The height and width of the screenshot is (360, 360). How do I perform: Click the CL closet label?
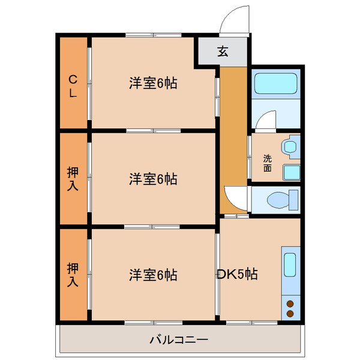point(73,86)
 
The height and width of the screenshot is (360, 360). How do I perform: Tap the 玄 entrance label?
point(223,51)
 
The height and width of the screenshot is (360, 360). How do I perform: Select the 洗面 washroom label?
point(267,163)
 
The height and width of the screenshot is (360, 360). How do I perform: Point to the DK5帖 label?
point(238,274)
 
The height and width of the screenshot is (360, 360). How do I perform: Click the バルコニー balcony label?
point(178,340)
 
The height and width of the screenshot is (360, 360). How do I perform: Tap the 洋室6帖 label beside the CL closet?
point(152,83)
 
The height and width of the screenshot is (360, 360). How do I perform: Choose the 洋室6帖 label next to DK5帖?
point(152,275)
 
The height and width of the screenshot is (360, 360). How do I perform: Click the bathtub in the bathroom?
point(275,83)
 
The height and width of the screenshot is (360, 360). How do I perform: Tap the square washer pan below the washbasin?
point(291,172)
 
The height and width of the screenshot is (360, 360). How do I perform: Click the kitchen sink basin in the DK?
point(290,264)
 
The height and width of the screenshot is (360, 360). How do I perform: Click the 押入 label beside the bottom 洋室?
point(73,275)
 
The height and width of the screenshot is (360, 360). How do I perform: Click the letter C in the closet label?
point(73,79)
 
